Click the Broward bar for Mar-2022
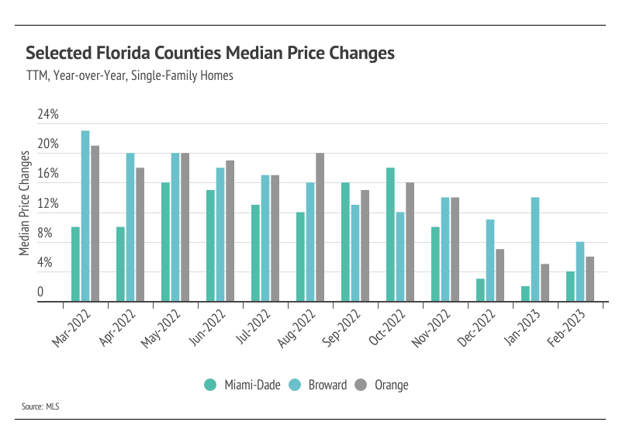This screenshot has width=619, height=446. pyautogui.click(x=85, y=216)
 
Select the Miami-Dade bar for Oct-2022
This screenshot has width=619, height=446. pyautogui.click(x=390, y=234)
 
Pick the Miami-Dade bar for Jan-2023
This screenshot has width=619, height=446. pyautogui.click(x=525, y=293)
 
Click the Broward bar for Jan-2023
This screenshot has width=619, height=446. pyautogui.click(x=535, y=249)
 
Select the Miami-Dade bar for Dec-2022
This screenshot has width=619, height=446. pyautogui.click(x=480, y=289)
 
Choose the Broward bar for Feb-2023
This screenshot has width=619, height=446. pyautogui.click(x=580, y=271)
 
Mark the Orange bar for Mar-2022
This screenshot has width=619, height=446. pyautogui.click(x=95, y=223)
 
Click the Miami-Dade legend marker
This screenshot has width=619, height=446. pyautogui.click(x=210, y=385)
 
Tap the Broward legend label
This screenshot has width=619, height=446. pyautogui.click(x=327, y=385)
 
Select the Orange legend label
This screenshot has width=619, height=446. pyautogui.click(x=391, y=385)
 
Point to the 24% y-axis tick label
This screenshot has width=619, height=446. pyautogui.click(x=48, y=115)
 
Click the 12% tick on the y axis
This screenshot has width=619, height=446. pyautogui.click(x=48, y=204)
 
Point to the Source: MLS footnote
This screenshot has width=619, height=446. pyautogui.click(x=41, y=406)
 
